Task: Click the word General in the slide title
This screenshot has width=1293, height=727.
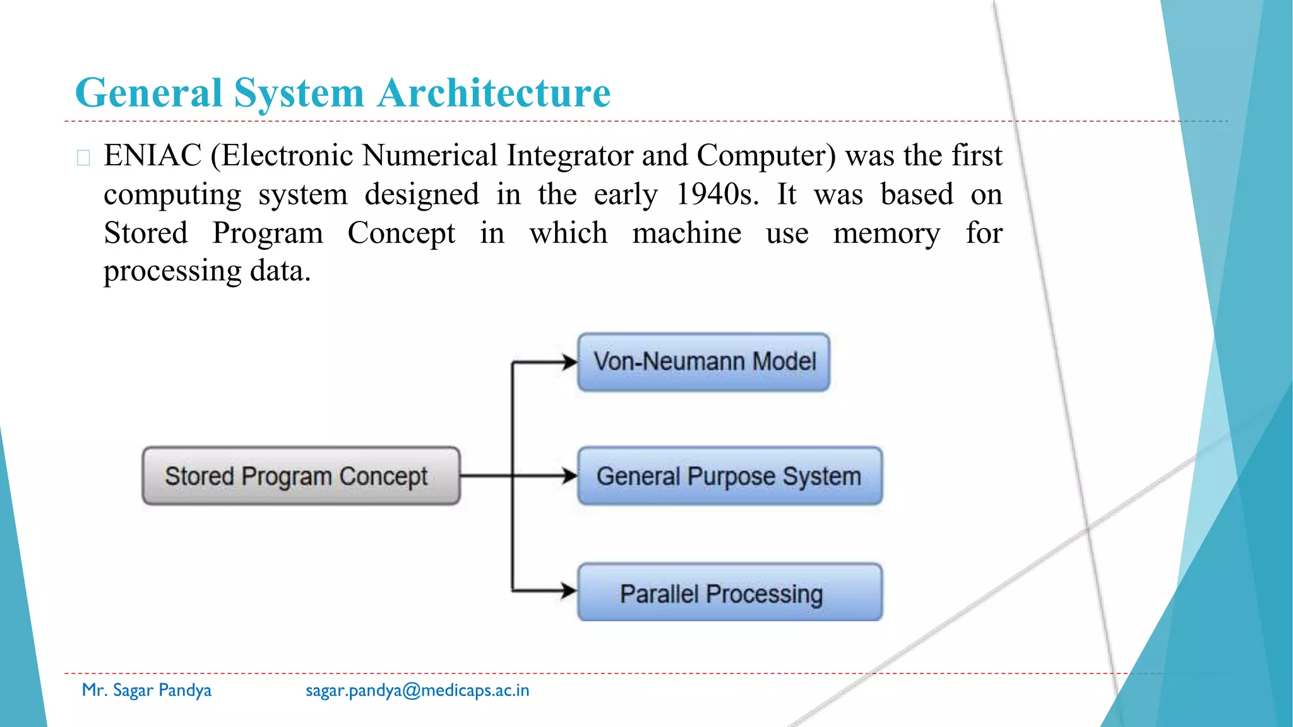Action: (148, 93)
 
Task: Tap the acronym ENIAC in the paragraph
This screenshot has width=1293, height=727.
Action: (153, 155)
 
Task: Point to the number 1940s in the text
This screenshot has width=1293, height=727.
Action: (717, 194)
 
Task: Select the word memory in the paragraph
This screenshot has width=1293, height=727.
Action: (886, 233)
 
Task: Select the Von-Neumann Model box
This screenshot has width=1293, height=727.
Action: (703, 362)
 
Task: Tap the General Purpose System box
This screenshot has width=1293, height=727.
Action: (729, 476)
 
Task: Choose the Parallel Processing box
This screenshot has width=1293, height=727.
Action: (729, 593)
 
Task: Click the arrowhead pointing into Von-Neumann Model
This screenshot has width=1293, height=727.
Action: (570, 362)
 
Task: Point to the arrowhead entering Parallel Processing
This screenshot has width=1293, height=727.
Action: (569, 591)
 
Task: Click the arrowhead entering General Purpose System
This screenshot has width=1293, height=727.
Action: (570, 476)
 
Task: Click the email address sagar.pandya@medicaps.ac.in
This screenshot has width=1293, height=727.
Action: (417, 690)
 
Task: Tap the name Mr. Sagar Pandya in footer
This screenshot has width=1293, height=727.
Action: (146, 690)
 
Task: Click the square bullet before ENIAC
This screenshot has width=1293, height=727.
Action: (83, 157)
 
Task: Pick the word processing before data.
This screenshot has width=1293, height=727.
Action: (172, 271)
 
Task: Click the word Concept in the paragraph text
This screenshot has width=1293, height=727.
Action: (401, 233)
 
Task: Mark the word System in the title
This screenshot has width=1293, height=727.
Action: (299, 93)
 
